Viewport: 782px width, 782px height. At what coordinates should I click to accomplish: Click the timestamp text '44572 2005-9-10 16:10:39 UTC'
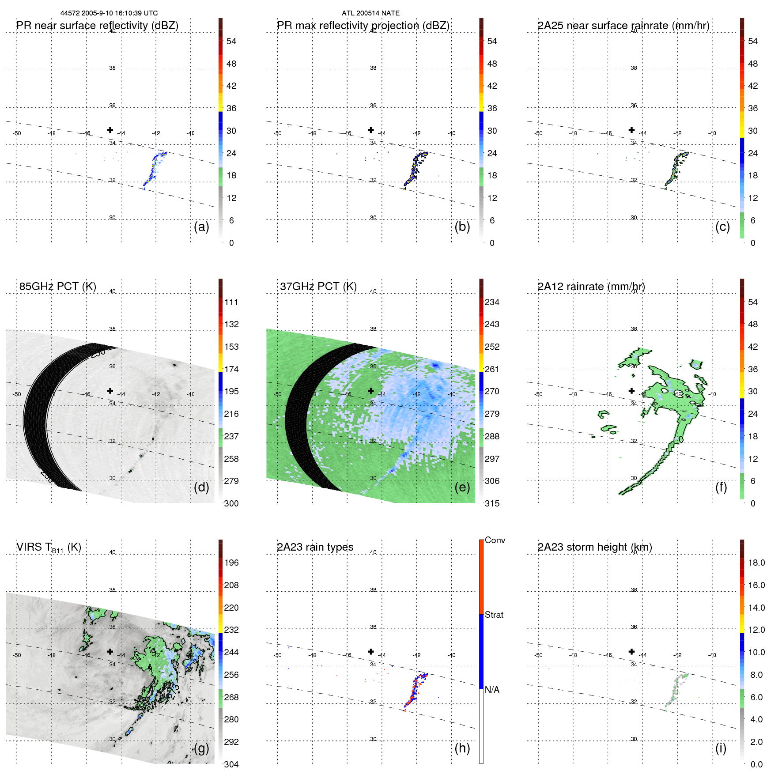(109, 13)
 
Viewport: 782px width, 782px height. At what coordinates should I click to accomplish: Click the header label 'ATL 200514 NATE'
(370, 13)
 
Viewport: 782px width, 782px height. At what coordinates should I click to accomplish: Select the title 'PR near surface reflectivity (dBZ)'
(97, 26)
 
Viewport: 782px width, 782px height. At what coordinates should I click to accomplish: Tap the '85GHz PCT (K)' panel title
(57, 287)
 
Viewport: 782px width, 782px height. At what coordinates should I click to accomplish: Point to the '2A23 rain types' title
(315, 547)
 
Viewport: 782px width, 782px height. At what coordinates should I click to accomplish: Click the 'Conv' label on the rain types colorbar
(495, 540)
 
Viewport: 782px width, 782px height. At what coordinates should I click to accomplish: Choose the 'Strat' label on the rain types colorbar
(494, 615)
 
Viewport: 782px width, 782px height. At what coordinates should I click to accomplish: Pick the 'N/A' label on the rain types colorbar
(492, 690)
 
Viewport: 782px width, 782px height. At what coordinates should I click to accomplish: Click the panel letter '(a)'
(201, 227)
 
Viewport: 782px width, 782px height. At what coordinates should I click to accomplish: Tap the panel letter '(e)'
(462, 487)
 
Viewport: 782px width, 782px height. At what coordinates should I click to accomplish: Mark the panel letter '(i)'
(721, 748)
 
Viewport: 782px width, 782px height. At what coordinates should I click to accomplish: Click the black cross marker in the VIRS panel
(110, 652)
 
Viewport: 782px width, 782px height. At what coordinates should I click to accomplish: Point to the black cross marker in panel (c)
(631, 130)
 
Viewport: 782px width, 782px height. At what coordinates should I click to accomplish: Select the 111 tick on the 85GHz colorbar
(231, 302)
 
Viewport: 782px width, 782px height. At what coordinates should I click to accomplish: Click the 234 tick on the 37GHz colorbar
(492, 302)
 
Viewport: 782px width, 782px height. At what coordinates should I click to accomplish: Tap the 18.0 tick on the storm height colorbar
(756, 563)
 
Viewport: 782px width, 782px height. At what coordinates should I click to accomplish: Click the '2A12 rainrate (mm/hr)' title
(591, 287)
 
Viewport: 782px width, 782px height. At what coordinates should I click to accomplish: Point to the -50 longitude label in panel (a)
(17, 133)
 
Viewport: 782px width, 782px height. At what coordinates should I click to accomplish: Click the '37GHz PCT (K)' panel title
(318, 287)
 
